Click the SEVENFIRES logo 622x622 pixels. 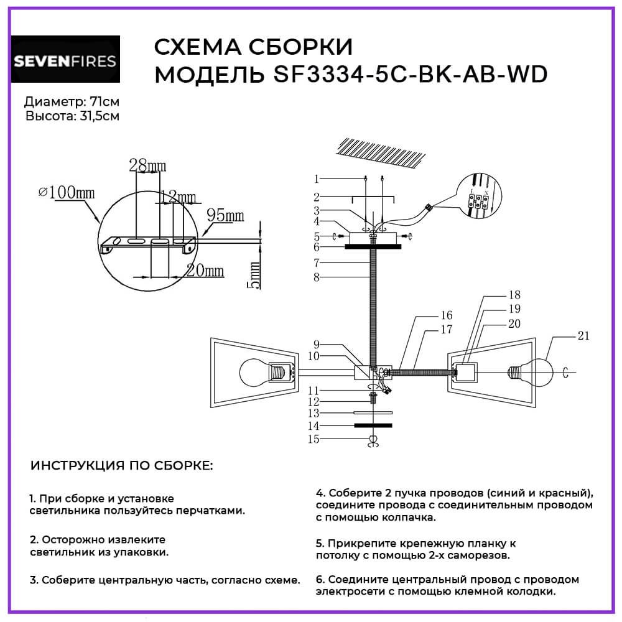(65, 59)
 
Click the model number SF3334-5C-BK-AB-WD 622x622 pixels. (411, 74)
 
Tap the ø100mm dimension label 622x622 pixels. (67, 192)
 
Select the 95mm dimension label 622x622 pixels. (225, 215)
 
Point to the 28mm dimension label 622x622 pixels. (147, 165)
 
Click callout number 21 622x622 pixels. (583, 336)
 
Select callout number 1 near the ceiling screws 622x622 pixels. (316, 179)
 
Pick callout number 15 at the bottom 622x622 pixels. (313, 439)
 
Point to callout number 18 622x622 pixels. (514, 295)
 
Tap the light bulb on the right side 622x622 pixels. (531, 372)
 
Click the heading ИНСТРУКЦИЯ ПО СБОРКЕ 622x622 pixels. (121, 465)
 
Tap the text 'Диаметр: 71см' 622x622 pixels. (72, 102)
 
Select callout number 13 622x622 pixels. (313, 413)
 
